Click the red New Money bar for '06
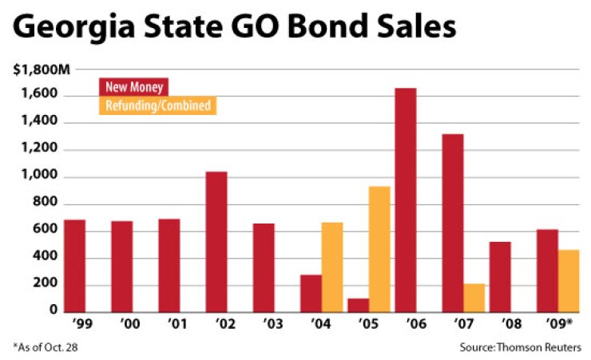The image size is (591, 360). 406,200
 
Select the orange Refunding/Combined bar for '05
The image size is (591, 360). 379,248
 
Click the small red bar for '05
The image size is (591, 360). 359,304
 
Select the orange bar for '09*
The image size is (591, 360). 569,280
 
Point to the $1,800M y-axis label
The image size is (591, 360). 35,69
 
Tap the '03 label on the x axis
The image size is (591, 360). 264,325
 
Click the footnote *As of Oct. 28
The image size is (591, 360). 46,346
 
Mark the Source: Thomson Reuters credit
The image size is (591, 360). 520,346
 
